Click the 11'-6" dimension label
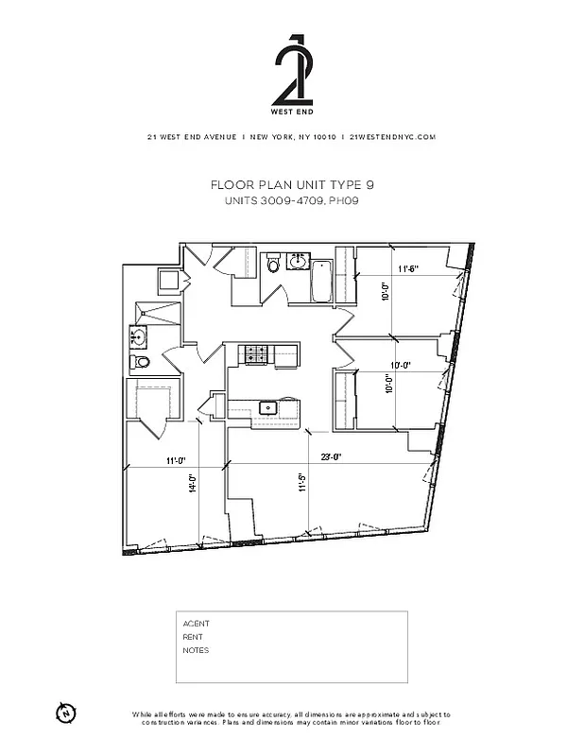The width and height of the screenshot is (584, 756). pyautogui.click(x=407, y=269)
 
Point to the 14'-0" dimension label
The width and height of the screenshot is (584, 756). pyautogui.click(x=192, y=483)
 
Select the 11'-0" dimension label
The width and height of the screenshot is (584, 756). pyautogui.click(x=174, y=461)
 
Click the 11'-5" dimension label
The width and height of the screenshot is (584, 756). pyautogui.click(x=301, y=483)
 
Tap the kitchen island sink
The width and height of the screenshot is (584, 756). pyautogui.click(x=267, y=408)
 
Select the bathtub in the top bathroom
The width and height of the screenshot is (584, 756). pyautogui.click(x=321, y=280)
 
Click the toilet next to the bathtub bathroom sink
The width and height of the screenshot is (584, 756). pyautogui.click(x=273, y=264)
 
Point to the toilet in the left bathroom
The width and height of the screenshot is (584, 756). pyautogui.click(x=142, y=363)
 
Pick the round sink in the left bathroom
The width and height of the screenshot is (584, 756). pyautogui.click(x=139, y=335)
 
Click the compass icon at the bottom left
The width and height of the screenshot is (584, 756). pyautogui.click(x=65, y=713)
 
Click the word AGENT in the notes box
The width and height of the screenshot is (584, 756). pyautogui.click(x=196, y=624)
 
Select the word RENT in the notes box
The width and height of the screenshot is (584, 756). pyautogui.click(x=193, y=637)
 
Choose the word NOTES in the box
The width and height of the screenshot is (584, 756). pyautogui.click(x=196, y=650)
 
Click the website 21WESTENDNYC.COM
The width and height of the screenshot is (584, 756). pyautogui.click(x=392, y=137)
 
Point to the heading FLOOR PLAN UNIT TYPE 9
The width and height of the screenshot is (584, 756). pyautogui.click(x=291, y=186)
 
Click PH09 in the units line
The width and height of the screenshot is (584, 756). pyautogui.click(x=342, y=201)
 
